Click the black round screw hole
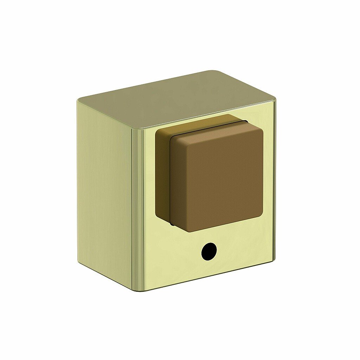tap(209, 252)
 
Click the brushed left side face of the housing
tap(104, 190)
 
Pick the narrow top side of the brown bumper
tap(200, 123)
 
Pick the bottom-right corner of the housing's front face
tap(274, 260)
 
